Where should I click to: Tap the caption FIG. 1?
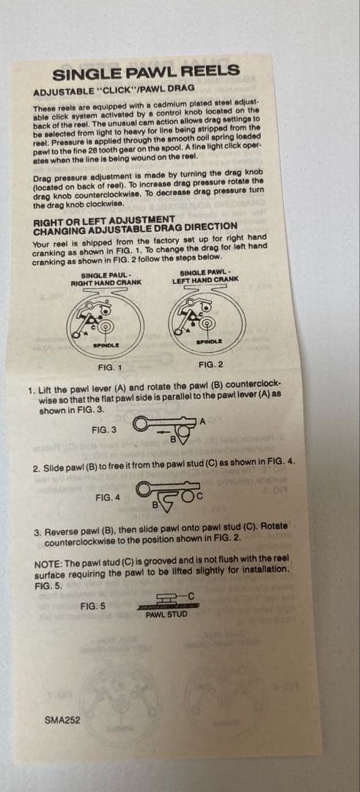click(109, 367)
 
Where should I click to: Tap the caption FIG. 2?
click(210, 364)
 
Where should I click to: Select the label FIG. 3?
click(105, 430)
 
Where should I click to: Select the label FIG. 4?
click(108, 497)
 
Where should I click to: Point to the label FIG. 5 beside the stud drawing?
click(93, 606)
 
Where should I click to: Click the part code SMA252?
click(62, 721)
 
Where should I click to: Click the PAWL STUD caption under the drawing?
click(166, 615)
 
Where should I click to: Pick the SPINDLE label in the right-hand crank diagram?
click(106, 345)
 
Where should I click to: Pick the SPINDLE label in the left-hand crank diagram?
click(207, 342)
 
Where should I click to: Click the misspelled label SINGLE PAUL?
click(103, 275)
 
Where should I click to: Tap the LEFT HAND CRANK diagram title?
click(205, 279)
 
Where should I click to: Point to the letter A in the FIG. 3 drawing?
click(202, 421)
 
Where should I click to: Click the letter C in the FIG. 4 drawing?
click(200, 496)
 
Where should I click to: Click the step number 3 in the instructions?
click(37, 532)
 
